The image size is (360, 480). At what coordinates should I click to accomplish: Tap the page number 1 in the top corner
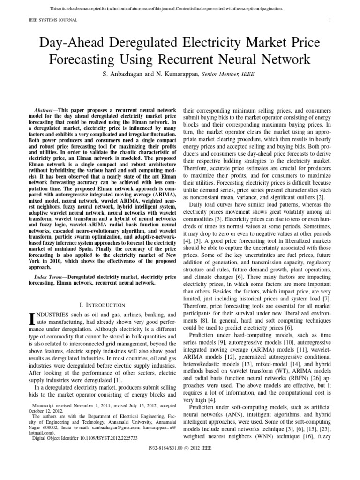[x=330, y=20]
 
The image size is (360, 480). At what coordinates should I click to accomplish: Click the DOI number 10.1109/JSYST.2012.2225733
[x=110, y=438]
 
